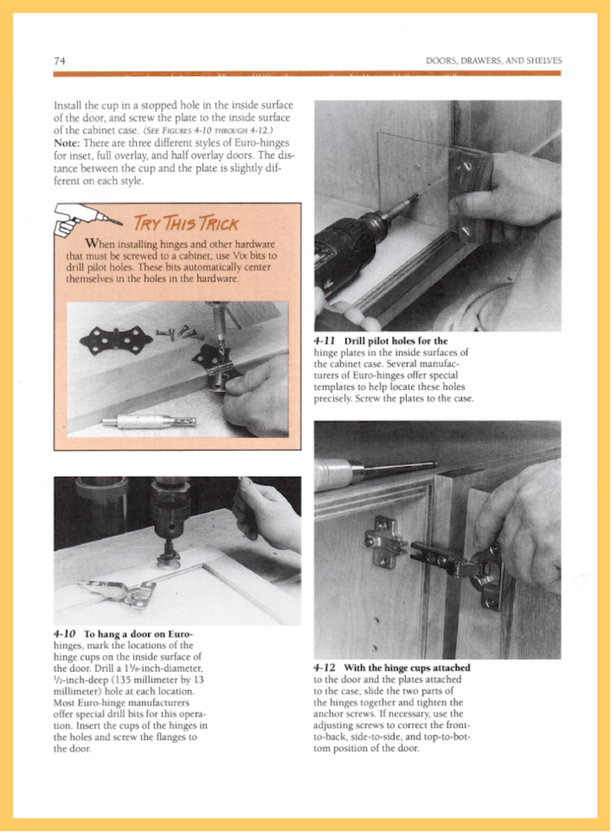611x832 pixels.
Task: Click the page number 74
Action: [60, 61]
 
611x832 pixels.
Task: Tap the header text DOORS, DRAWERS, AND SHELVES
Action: [494, 61]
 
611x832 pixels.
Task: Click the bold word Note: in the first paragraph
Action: [67, 143]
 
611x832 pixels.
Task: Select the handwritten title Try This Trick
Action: [186, 224]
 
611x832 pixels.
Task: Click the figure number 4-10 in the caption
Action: [64, 634]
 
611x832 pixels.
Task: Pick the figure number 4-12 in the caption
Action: [325, 668]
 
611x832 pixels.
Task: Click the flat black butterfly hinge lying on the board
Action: [116, 339]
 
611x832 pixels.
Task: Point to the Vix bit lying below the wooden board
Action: [150, 421]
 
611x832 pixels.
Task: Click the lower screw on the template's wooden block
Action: [466, 230]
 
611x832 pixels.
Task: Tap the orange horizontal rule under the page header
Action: [307, 74]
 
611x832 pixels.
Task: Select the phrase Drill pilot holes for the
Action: [396, 341]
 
